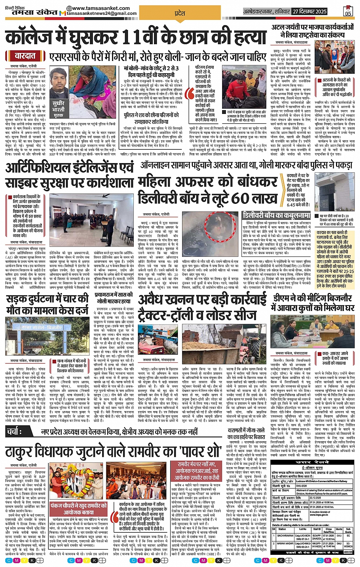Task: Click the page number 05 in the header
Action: (x=348, y=12)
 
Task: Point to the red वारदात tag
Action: (x=26, y=56)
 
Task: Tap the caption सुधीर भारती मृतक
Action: (x=58, y=109)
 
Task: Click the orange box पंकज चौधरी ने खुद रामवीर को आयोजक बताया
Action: (x=78, y=509)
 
